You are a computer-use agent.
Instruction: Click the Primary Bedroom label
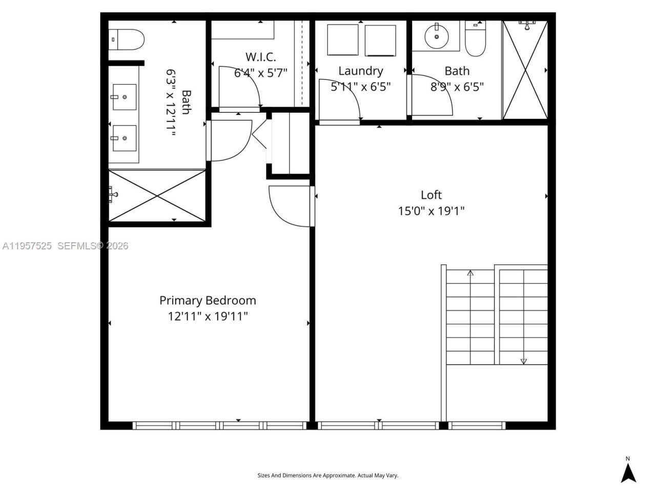coord(208,300)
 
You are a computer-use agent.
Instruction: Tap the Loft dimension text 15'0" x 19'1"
coord(431,211)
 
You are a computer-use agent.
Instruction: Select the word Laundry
coord(360,71)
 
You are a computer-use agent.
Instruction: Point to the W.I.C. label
coord(260,56)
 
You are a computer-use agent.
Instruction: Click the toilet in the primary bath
coord(127,39)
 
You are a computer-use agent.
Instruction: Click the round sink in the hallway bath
coord(437,36)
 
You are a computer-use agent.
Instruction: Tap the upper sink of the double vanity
coord(124,97)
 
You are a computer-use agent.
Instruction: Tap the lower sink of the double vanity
coord(124,138)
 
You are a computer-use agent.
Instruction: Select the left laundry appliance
coord(343,40)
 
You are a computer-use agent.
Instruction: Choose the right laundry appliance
coord(380,40)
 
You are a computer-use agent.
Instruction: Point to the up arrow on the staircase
coord(470,273)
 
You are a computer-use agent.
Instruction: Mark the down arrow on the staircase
coord(523,361)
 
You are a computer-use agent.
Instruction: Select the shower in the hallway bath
coord(525,70)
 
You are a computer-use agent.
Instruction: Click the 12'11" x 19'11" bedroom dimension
coord(208,316)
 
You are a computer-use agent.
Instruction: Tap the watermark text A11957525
coord(27,246)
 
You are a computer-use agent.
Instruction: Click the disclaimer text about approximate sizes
coord(327,475)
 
